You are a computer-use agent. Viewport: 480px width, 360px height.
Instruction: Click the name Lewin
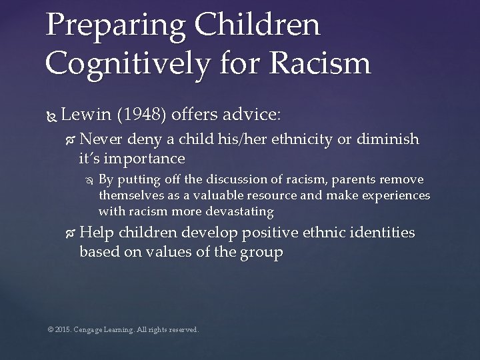click(x=86, y=115)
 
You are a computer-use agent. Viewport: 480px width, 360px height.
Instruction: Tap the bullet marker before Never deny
click(x=71, y=140)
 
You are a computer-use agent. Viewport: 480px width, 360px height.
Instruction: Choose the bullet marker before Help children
click(x=71, y=234)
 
